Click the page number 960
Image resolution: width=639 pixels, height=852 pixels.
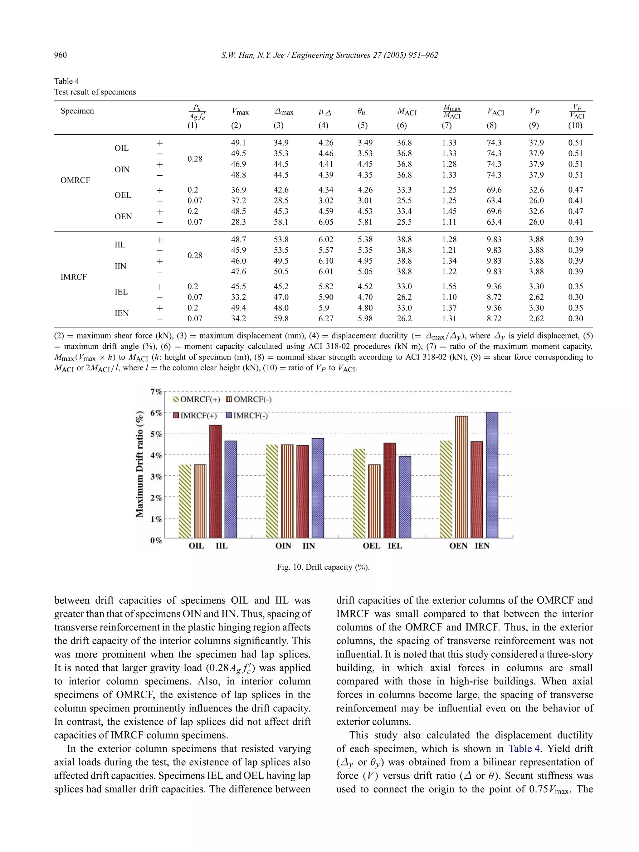click(x=61, y=55)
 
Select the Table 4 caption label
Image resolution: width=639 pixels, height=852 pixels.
click(x=67, y=81)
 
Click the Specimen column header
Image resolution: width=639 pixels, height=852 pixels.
click(x=77, y=111)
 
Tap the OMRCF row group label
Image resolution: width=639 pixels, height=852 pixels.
click(x=75, y=180)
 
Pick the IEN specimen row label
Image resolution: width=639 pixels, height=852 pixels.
click(x=122, y=313)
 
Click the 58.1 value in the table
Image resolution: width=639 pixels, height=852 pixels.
click(x=281, y=222)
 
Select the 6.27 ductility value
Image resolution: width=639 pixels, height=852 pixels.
click(x=326, y=319)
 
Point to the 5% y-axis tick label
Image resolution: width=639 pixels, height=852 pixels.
click(x=156, y=434)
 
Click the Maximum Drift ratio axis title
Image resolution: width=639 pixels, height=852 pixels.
click(x=140, y=464)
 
